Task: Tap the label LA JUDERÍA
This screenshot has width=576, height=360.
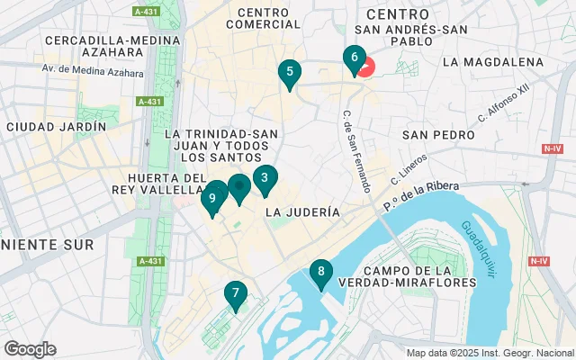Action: pyautogui.click(x=302, y=212)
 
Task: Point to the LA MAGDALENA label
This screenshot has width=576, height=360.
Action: pyautogui.click(x=493, y=62)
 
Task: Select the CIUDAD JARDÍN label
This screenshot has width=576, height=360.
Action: pyautogui.click(x=55, y=127)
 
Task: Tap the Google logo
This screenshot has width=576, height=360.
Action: pyautogui.click(x=30, y=348)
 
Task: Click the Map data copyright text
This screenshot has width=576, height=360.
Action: pyautogui.click(x=489, y=353)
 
